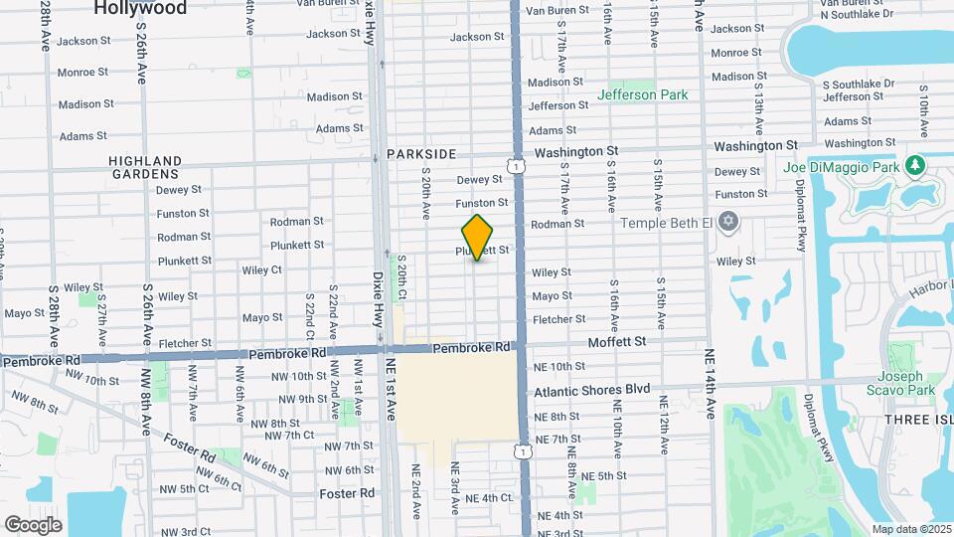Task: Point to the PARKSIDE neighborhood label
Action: pyautogui.click(x=421, y=154)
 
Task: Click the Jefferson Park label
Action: pyautogui.click(x=642, y=94)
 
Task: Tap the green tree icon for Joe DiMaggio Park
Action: pyautogui.click(x=913, y=165)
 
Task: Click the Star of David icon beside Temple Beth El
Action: pyautogui.click(x=728, y=221)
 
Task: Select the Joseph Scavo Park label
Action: pyautogui.click(x=906, y=384)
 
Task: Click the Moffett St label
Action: pyautogui.click(x=617, y=341)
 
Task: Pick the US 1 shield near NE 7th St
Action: pyautogui.click(x=523, y=451)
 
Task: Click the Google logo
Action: pyautogui.click(x=33, y=524)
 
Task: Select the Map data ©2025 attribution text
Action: pyautogui.click(x=911, y=529)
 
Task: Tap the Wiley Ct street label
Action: pyautogui.click(x=261, y=269)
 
